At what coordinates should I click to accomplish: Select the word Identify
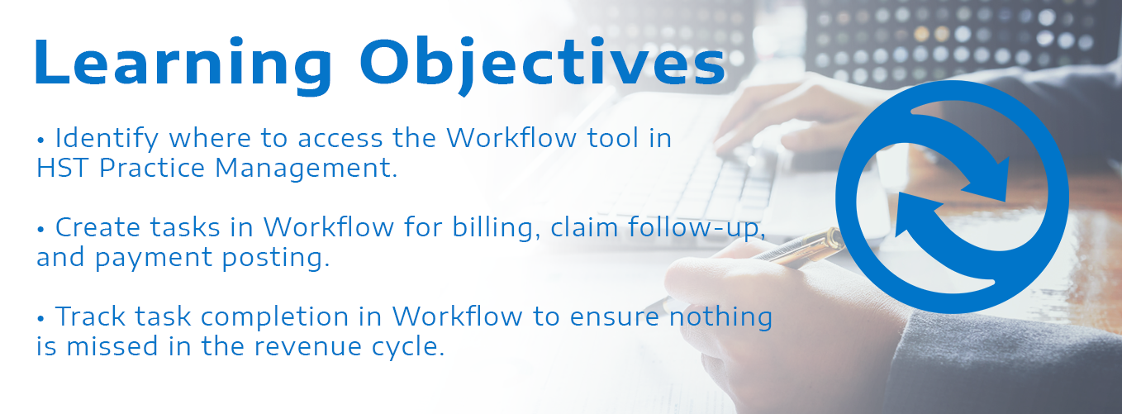[x=107, y=139]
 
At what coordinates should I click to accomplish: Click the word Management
[x=306, y=169]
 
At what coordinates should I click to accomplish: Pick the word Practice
[x=152, y=168]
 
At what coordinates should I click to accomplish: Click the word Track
[x=90, y=316]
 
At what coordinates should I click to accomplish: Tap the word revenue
[x=307, y=347]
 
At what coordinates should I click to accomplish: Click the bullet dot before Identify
[x=40, y=140]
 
